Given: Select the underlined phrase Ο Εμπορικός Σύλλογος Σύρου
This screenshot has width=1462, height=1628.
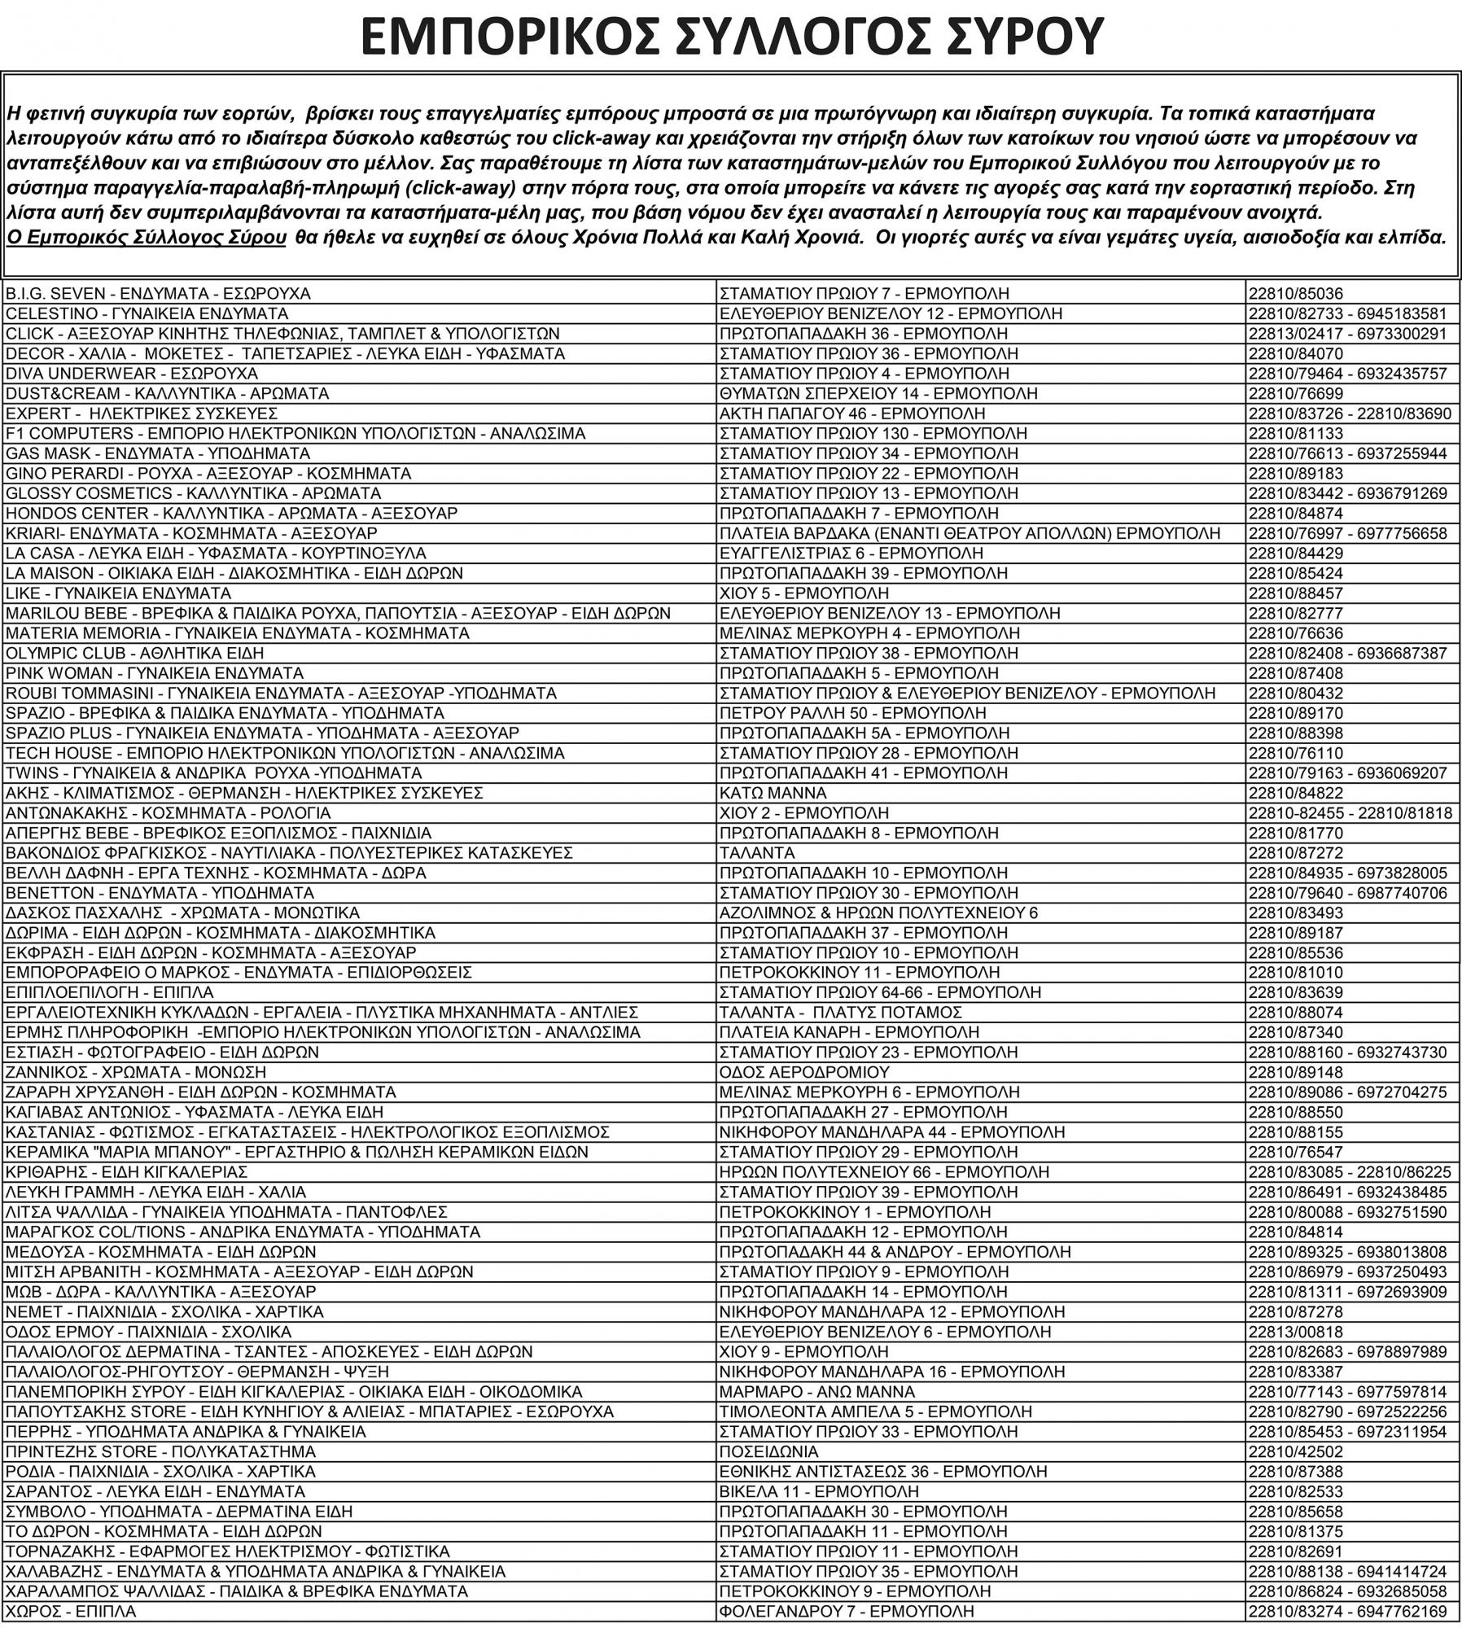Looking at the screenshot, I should [x=147, y=238].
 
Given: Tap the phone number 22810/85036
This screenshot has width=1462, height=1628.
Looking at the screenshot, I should [x=1296, y=294].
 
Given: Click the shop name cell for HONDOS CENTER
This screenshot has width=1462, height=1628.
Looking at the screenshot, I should [x=231, y=514].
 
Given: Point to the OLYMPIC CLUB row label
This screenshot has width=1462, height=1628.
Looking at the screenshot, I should [x=134, y=653].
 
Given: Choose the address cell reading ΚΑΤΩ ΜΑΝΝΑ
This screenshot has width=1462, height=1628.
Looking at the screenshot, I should [x=773, y=793].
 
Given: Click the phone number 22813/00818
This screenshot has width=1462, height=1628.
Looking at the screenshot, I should [x=1296, y=1332].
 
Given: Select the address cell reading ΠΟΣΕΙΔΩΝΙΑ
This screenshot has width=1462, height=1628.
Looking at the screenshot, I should [x=768, y=1451].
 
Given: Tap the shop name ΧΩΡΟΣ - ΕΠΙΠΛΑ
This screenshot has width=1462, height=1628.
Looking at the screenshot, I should [x=71, y=1611].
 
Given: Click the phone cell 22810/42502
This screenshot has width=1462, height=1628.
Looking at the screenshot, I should [x=1296, y=1451].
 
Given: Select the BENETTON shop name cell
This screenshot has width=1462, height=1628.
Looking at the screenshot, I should [x=160, y=893].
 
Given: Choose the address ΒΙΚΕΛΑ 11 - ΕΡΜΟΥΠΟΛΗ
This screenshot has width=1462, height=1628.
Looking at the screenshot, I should [x=819, y=1491].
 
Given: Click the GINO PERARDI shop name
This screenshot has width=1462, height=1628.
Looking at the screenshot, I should [x=208, y=474].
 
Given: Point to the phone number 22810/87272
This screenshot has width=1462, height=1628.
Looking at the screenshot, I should [x=1296, y=853].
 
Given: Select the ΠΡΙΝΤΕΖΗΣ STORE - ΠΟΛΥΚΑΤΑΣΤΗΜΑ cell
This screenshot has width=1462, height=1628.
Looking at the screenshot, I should [x=160, y=1451].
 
